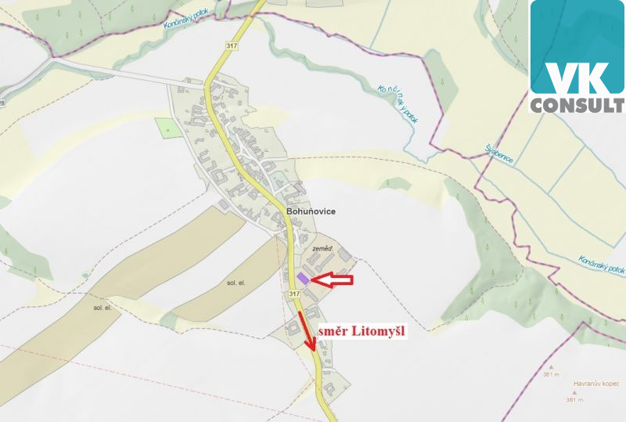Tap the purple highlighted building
point(303,278)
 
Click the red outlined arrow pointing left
point(332,280)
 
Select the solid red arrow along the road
point(308,331)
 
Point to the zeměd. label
point(323,248)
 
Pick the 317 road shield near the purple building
point(293,294)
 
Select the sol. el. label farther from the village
point(103,308)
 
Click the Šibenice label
point(498,153)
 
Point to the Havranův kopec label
point(595,384)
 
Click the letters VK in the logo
point(577,76)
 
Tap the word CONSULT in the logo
point(577,104)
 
